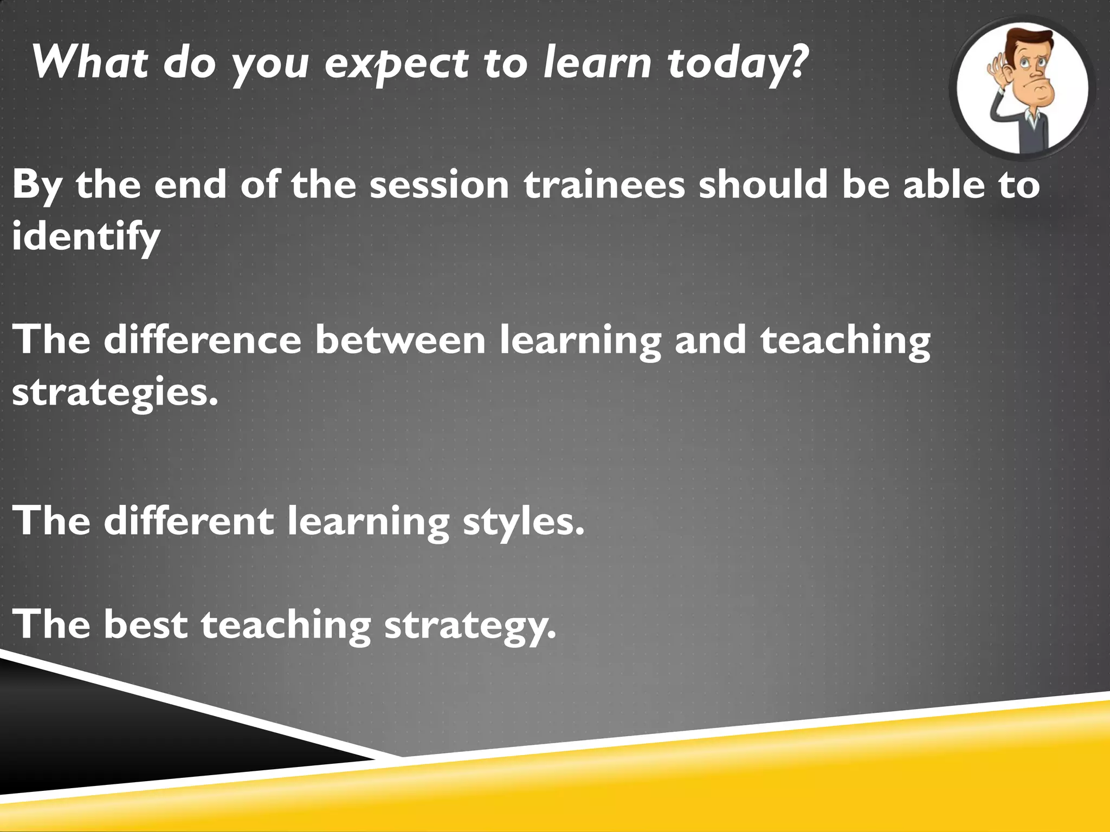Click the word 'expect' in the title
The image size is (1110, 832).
click(396, 64)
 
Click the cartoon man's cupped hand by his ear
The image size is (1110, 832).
click(995, 73)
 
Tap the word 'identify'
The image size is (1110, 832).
click(86, 237)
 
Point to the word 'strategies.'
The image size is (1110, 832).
click(115, 392)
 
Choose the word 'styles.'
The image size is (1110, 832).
click(524, 521)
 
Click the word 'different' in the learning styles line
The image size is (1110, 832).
click(189, 521)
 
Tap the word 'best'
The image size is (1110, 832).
click(145, 624)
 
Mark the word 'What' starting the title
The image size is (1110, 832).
click(90, 62)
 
